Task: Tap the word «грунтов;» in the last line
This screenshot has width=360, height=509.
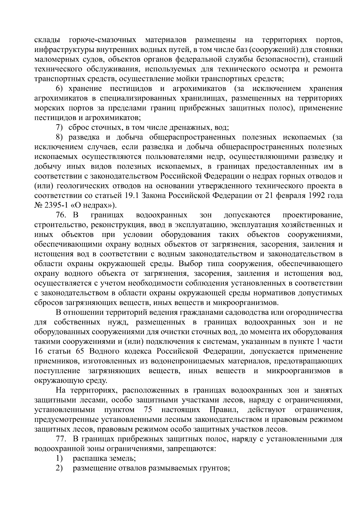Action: point(214,469)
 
